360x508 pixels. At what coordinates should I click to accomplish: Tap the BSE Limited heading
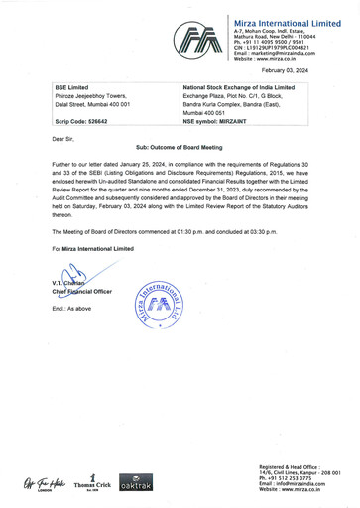click(73, 87)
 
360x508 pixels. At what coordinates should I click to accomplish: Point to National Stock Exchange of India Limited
click(245, 87)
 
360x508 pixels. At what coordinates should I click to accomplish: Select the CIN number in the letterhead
click(283, 49)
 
